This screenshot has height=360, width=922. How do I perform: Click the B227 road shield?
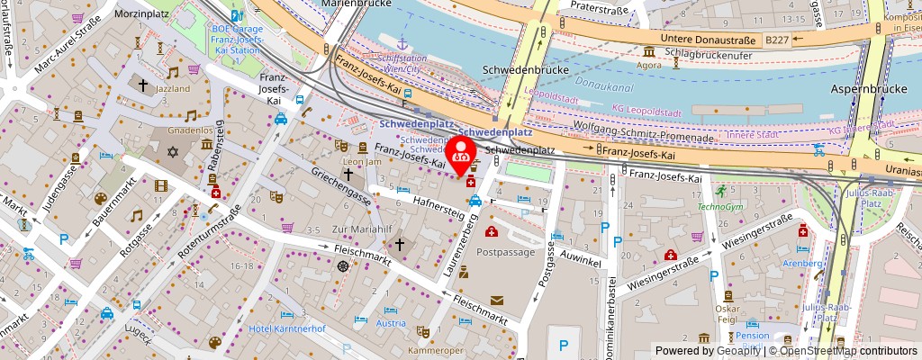[777, 39]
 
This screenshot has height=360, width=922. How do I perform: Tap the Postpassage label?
[505, 253]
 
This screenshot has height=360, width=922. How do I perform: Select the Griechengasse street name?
[341, 182]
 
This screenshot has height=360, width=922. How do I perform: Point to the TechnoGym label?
[722, 206]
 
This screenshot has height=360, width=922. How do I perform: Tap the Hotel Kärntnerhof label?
[286, 328]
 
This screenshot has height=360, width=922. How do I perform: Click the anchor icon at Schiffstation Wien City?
[402, 42]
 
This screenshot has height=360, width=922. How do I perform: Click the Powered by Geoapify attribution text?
[712, 351]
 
